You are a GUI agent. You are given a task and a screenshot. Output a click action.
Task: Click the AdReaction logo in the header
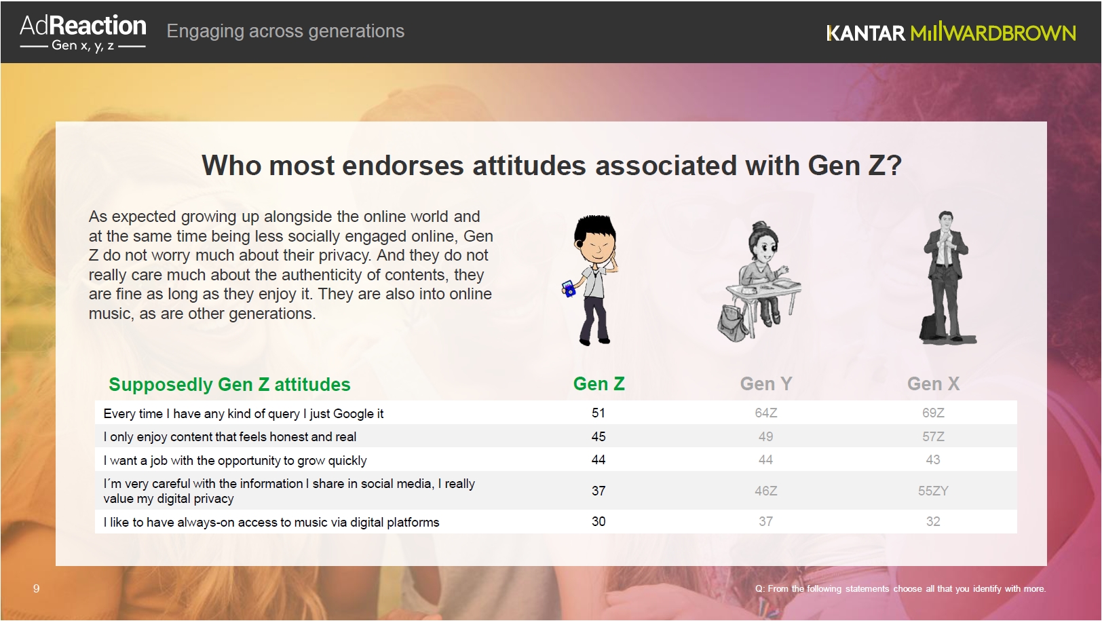(x=83, y=32)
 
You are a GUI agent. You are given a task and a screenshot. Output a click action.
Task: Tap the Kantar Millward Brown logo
(x=951, y=33)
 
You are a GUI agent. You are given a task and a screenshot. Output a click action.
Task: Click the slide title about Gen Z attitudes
(x=552, y=165)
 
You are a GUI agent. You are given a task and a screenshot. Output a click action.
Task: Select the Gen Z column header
(x=598, y=384)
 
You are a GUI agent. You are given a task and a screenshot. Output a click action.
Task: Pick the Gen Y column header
(x=766, y=384)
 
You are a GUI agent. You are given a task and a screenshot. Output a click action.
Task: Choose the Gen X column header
(x=933, y=384)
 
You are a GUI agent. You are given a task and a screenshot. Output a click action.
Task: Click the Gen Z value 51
(x=598, y=413)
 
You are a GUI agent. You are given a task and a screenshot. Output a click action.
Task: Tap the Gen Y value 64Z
(x=766, y=413)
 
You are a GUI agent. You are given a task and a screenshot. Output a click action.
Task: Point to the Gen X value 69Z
(x=933, y=413)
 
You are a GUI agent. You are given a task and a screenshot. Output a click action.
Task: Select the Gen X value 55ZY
(x=933, y=491)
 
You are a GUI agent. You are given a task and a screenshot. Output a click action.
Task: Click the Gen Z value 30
(x=598, y=522)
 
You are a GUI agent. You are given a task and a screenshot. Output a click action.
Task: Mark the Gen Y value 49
(x=765, y=436)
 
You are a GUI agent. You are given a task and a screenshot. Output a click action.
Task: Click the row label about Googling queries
(x=243, y=414)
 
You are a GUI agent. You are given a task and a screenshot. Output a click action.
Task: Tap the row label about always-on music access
(x=271, y=522)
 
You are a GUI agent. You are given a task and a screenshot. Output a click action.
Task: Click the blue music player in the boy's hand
(x=569, y=288)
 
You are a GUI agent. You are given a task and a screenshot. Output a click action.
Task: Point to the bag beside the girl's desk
(x=733, y=323)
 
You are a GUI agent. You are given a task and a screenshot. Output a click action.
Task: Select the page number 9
(x=36, y=588)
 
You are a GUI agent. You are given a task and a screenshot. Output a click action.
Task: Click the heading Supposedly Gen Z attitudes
(x=229, y=384)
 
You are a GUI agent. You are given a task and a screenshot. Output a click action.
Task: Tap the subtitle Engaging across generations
(x=285, y=31)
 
